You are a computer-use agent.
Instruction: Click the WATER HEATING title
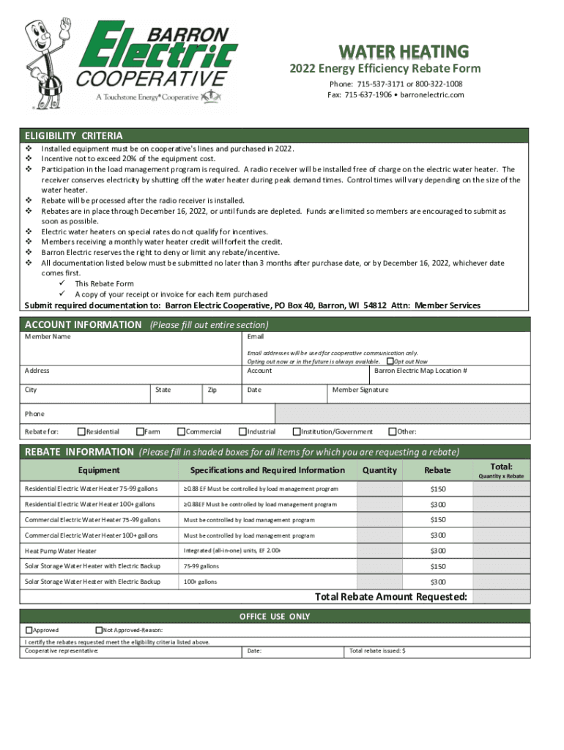click(403, 51)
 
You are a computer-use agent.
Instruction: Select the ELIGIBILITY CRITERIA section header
click(74, 136)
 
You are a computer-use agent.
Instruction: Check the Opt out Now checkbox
click(390, 361)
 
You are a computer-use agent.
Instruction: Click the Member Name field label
click(48, 336)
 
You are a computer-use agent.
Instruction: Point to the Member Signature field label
click(360, 390)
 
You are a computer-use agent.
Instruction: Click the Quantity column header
click(379, 470)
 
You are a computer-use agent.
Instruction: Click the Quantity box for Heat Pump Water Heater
click(379, 551)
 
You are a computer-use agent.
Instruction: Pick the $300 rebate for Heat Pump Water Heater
click(438, 551)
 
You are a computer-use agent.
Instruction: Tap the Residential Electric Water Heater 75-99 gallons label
click(92, 489)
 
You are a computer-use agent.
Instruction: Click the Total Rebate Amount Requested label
click(390, 597)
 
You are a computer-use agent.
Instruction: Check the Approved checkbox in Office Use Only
click(29, 630)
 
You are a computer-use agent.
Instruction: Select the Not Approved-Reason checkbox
click(99, 630)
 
